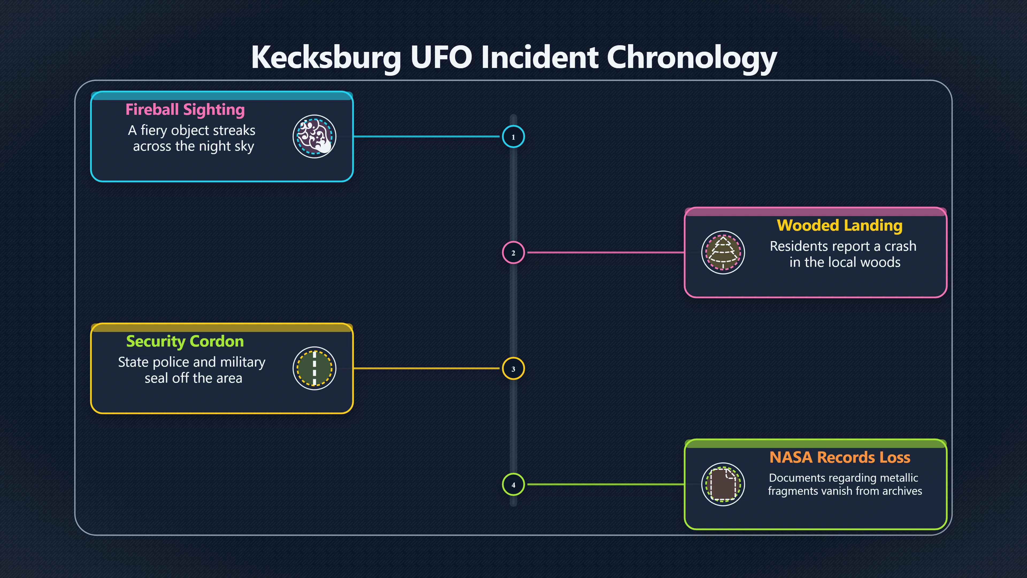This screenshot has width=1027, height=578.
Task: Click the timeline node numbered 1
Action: point(513,136)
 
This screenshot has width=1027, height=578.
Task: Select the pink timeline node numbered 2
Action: point(513,253)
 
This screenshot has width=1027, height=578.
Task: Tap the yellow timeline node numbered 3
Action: point(513,368)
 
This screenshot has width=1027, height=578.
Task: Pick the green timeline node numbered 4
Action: point(513,485)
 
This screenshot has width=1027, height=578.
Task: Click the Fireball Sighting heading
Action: point(185,110)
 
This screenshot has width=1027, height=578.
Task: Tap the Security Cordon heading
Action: point(185,341)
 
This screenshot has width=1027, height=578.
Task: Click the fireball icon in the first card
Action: point(315,136)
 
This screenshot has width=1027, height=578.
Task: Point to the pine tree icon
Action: point(723,253)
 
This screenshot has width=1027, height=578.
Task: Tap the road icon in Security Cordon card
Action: point(315,368)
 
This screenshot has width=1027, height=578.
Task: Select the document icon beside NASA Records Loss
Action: point(723,484)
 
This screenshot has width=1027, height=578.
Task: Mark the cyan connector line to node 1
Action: point(427,136)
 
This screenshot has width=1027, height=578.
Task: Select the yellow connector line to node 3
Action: point(427,368)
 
